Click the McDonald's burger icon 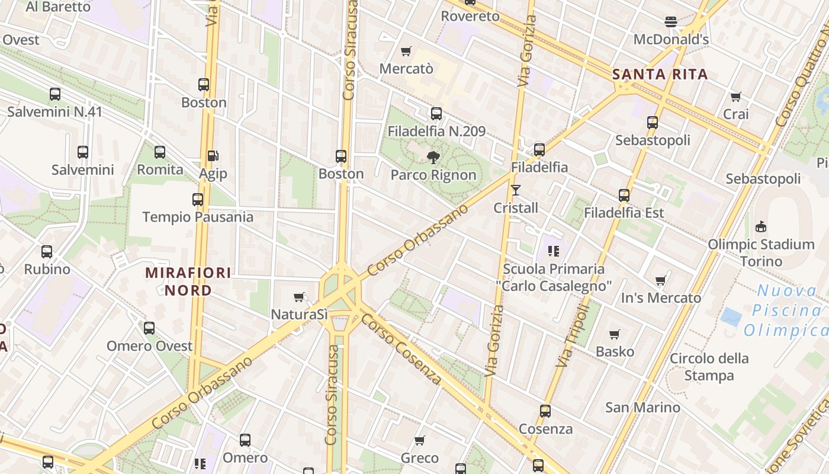pos(671,22)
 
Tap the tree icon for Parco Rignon pos(433,157)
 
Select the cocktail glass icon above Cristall pos(516,190)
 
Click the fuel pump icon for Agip pos(213,156)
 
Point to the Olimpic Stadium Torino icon pos(761,226)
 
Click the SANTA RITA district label pos(660,74)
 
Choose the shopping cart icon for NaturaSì pos(300,297)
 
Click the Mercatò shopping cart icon pos(406,51)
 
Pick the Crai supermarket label pos(736,114)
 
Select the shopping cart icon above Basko pos(615,334)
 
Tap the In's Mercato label pos(661,297)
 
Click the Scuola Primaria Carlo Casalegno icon pos(554,251)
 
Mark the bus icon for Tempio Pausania pos(198,200)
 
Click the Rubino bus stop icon pos(47,252)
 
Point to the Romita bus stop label pos(160,169)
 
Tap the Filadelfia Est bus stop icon pos(624,196)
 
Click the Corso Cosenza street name pos(401,348)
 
